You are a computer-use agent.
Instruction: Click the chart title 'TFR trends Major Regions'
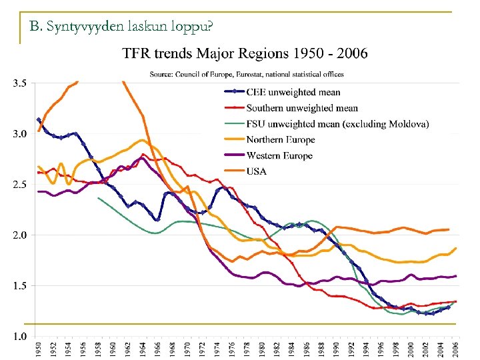pos(245,53)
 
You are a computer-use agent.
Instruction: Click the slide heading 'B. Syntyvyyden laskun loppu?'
pos(121,27)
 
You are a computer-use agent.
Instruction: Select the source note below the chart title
pos(247,73)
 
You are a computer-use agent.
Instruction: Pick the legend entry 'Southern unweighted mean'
pos(302,108)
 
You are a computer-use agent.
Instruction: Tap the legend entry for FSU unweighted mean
pos(337,124)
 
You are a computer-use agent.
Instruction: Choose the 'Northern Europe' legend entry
pos(280,140)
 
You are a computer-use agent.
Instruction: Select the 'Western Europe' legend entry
pos(279,156)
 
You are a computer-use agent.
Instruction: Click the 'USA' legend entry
pos(257,171)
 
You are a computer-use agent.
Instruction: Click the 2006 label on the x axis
pos(456,347)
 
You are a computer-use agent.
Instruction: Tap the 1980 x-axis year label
pos(262,347)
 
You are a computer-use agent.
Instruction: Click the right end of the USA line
pos(449,229)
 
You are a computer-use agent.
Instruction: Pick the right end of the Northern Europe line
pos(456,248)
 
